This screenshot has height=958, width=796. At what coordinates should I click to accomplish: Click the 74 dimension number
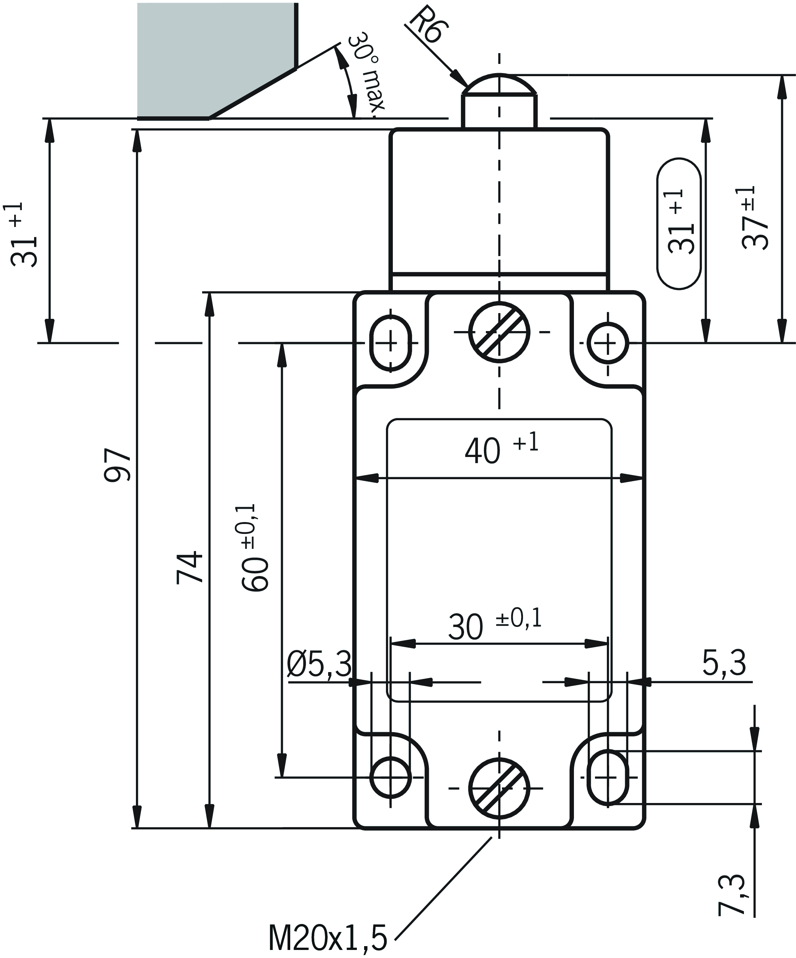(x=190, y=567)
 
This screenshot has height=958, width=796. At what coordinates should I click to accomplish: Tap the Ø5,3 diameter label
(x=319, y=664)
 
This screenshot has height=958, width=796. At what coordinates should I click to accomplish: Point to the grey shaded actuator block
(x=214, y=55)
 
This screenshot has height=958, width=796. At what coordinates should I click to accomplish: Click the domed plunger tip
(x=499, y=85)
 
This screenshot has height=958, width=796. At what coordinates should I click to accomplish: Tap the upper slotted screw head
(x=499, y=332)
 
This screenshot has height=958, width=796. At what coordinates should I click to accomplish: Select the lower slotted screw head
(x=499, y=788)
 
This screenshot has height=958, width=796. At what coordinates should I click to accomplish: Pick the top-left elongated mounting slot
(x=390, y=342)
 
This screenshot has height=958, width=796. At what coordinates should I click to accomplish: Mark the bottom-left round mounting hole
(x=390, y=777)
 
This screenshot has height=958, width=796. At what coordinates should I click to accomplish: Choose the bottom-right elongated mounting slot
(x=608, y=777)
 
